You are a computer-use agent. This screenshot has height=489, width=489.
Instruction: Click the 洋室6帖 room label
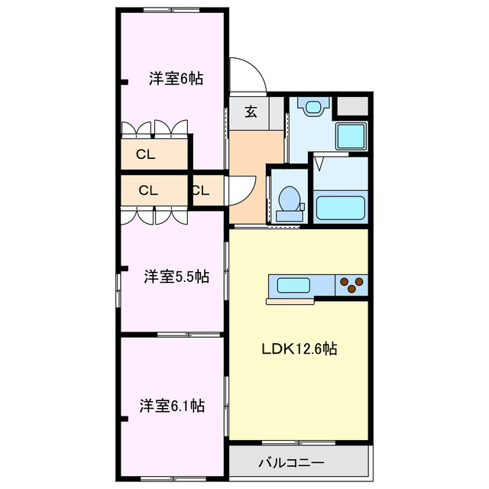(176, 78)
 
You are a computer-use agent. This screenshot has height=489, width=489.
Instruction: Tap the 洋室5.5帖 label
(176, 277)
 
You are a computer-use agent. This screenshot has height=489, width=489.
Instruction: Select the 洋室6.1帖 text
(171, 405)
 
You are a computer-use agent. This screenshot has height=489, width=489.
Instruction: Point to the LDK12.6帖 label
(300, 349)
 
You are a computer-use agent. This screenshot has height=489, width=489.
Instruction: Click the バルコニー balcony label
(291, 462)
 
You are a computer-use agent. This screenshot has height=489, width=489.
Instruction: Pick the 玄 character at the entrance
(251, 112)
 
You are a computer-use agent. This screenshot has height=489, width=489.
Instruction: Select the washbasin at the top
(313, 107)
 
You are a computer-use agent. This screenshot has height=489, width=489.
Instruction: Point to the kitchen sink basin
(293, 286)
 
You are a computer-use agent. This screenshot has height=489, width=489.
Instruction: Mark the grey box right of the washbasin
(353, 106)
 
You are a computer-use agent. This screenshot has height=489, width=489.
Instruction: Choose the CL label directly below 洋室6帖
(145, 154)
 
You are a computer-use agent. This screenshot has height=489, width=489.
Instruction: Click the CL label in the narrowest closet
(200, 190)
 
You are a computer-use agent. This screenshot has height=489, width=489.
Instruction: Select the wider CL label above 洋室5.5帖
(148, 190)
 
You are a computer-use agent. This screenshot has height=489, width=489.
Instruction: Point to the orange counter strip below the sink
(291, 301)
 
